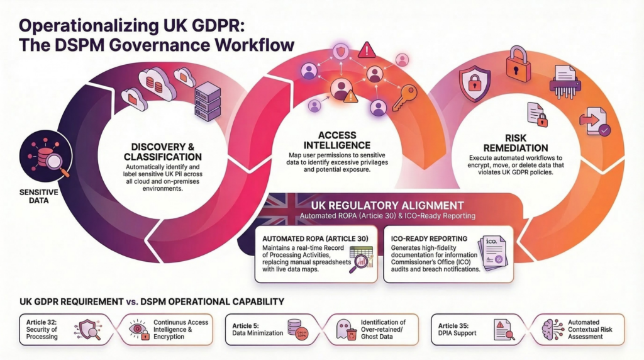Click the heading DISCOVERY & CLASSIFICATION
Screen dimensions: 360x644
click(x=163, y=151)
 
